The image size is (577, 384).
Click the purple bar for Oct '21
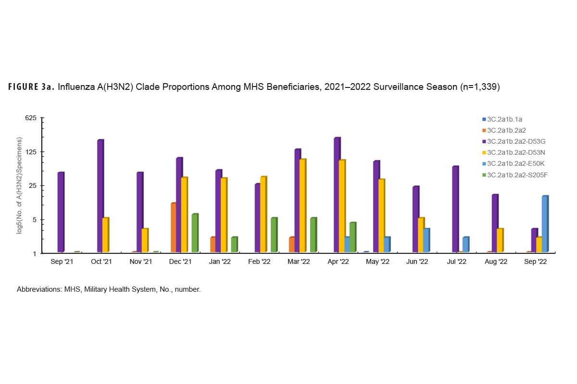[x=100, y=196]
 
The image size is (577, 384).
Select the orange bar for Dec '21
[x=173, y=228]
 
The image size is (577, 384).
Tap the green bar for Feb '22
[x=274, y=235]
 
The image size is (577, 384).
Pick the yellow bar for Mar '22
[x=302, y=206]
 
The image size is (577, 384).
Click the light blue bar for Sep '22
[x=545, y=224]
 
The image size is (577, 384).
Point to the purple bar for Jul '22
[x=455, y=209]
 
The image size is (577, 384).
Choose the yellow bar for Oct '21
[x=105, y=235]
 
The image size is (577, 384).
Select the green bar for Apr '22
[x=352, y=237]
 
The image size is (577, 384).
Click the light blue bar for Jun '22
[x=426, y=240]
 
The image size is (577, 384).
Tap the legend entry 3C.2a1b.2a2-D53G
[x=516, y=141]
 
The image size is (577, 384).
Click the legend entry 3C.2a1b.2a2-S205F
[x=517, y=175]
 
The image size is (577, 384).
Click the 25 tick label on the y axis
[x=35, y=186]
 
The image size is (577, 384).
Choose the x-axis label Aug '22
[x=496, y=262]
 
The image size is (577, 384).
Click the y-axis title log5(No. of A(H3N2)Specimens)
[x=20, y=186]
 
